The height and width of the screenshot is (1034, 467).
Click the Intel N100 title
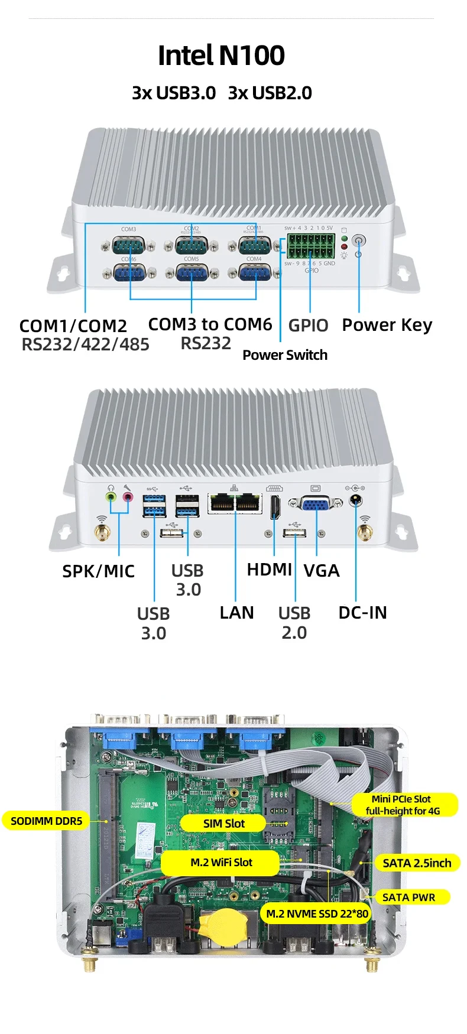pyautogui.click(x=221, y=56)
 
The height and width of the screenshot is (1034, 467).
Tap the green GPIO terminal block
pyautogui.click(x=311, y=246)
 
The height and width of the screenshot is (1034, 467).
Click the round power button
pyautogui.click(x=359, y=241)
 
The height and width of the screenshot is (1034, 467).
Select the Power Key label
pyautogui.click(x=387, y=325)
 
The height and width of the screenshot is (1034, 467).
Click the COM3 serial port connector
pyautogui.click(x=128, y=243)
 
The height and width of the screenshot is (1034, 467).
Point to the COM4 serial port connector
pyautogui.click(x=255, y=273)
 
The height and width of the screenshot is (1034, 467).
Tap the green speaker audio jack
pyautogui.click(x=111, y=498)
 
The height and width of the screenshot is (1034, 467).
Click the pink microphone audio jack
pyautogui.click(x=127, y=498)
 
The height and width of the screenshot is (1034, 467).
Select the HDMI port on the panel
pyautogui.click(x=275, y=508)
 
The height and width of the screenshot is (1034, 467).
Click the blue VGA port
pyautogui.click(x=316, y=504)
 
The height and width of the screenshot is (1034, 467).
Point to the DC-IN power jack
pyautogui.click(x=355, y=502)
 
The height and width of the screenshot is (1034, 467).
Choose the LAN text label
pyautogui.click(x=236, y=613)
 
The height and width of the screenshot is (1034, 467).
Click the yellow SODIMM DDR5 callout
pyautogui.click(x=47, y=821)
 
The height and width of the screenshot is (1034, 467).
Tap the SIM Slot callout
pyautogui.click(x=223, y=823)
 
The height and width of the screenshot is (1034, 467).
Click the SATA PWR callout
pyautogui.click(x=408, y=898)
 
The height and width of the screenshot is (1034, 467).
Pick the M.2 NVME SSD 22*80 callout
pyautogui.click(x=317, y=913)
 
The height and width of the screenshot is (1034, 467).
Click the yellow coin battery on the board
pyautogui.click(x=223, y=925)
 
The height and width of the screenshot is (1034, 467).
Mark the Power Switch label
pyautogui.click(x=285, y=355)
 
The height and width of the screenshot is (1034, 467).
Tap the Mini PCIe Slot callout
pyautogui.click(x=403, y=805)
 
